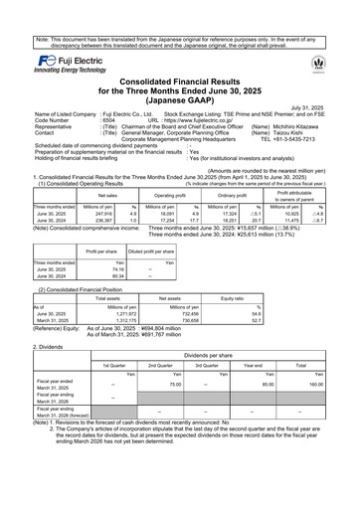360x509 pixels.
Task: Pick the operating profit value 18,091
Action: pos(165,213)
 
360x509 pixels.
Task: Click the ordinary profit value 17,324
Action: pos(228,213)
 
